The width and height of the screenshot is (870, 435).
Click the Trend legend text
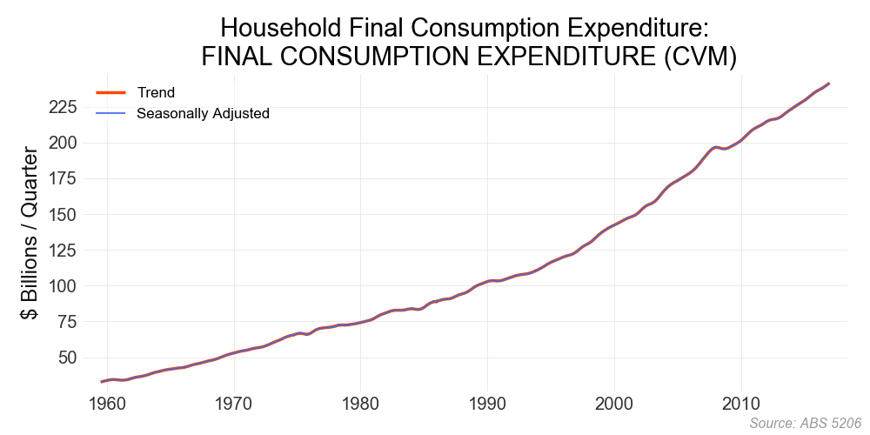coord(156,93)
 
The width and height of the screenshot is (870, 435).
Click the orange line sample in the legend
coord(111,92)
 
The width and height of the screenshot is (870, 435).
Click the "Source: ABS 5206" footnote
coord(805,423)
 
